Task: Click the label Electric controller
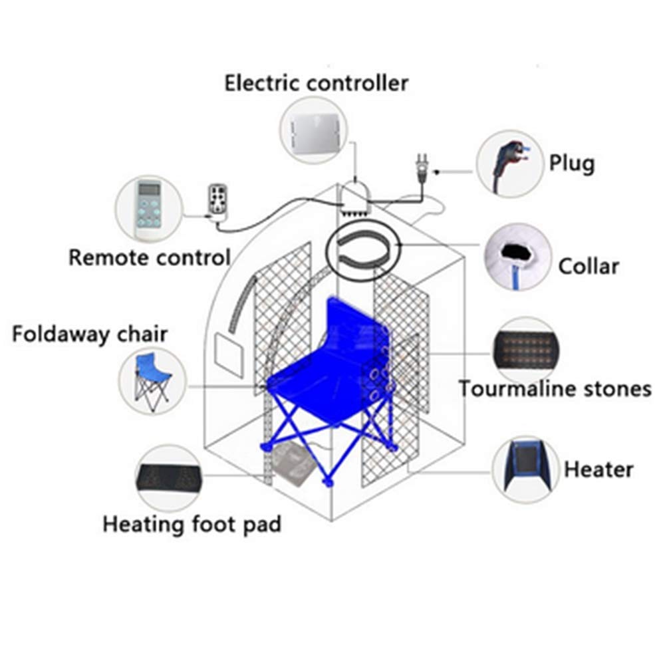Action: (316, 84)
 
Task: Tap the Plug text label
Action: (571, 163)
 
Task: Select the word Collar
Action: (589, 267)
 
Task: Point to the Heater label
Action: (598, 469)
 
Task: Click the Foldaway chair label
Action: (90, 334)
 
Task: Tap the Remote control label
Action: (150, 257)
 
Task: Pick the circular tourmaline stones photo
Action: (525, 348)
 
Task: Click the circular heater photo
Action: (525, 469)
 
